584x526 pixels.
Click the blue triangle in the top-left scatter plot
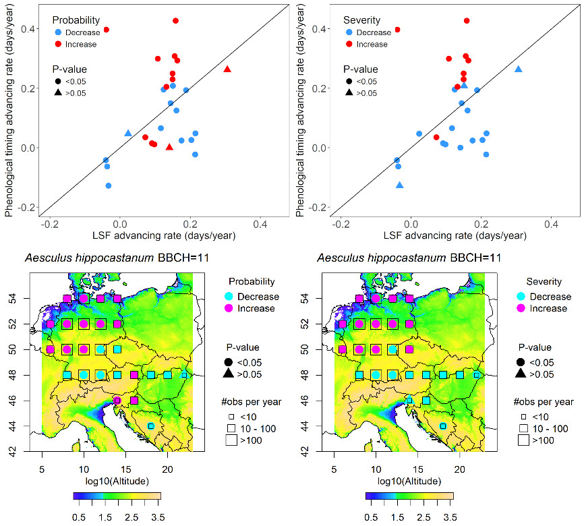point(128,134)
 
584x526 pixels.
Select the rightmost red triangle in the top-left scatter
point(227,69)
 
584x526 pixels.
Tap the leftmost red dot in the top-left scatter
point(106,30)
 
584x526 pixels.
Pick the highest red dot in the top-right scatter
point(467,21)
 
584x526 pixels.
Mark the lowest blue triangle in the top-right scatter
point(400,185)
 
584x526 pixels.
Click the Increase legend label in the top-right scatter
point(371,45)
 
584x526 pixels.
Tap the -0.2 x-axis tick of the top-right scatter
point(341,225)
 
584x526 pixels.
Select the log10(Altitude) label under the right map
point(410,480)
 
